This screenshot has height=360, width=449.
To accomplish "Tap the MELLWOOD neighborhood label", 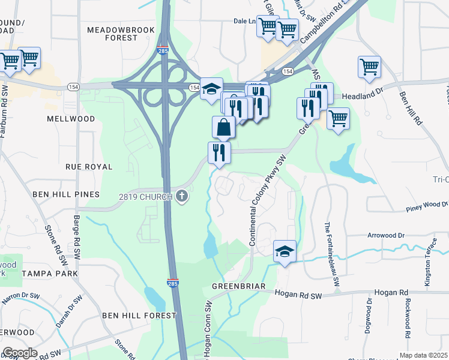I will coord(71,119).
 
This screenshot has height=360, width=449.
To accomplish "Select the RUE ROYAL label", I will coord(89,166).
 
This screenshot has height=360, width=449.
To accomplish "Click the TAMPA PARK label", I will coord(50,274).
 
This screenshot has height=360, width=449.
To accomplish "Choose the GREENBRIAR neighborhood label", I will coord(238,286).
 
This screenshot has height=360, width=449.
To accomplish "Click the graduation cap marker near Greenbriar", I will coord(285,251).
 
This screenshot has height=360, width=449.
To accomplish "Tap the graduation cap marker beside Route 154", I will coord(211,89).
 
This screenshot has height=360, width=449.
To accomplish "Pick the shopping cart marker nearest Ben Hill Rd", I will coord(369,67).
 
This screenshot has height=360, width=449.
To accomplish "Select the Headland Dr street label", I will coord(362,95).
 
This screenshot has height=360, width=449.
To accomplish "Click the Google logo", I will coord(20,353).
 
